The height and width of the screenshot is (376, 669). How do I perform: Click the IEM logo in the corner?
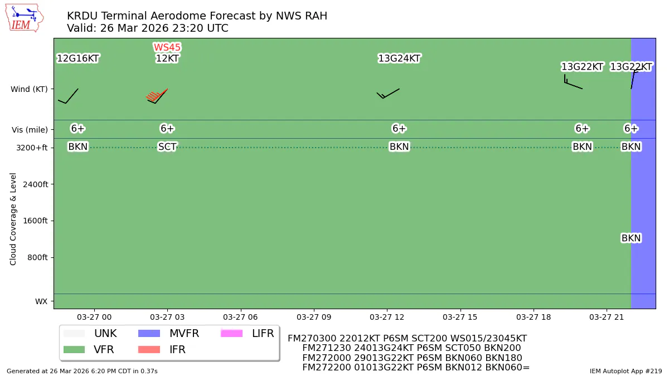click(x=24, y=18)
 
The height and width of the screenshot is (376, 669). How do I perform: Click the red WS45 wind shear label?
click(x=167, y=48)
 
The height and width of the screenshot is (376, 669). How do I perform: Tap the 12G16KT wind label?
click(x=78, y=58)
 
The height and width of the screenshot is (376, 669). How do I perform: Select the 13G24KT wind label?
click(x=399, y=58)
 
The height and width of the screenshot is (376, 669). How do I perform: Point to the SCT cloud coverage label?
click(x=167, y=147)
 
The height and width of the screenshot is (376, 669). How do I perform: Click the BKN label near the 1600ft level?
click(x=631, y=238)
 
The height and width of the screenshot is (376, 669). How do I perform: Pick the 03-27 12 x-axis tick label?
click(x=387, y=317)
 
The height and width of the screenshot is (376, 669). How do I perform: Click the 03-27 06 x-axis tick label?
click(x=241, y=317)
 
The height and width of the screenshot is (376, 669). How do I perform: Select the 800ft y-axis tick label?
click(x=37, y=257)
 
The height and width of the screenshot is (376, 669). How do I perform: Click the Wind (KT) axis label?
click(x=29, y=89)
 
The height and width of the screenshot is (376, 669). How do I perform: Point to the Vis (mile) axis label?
click(x=30, y=130)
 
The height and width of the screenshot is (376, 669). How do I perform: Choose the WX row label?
click(x=41, y=301)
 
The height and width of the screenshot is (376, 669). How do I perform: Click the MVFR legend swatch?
click(x=148, y=334)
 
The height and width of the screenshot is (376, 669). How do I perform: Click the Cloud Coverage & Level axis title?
click(x=13, y=219)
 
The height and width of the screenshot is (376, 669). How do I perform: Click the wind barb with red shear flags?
click(x=157, y=96)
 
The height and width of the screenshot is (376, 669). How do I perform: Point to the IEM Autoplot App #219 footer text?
click(x=626, y=370)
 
